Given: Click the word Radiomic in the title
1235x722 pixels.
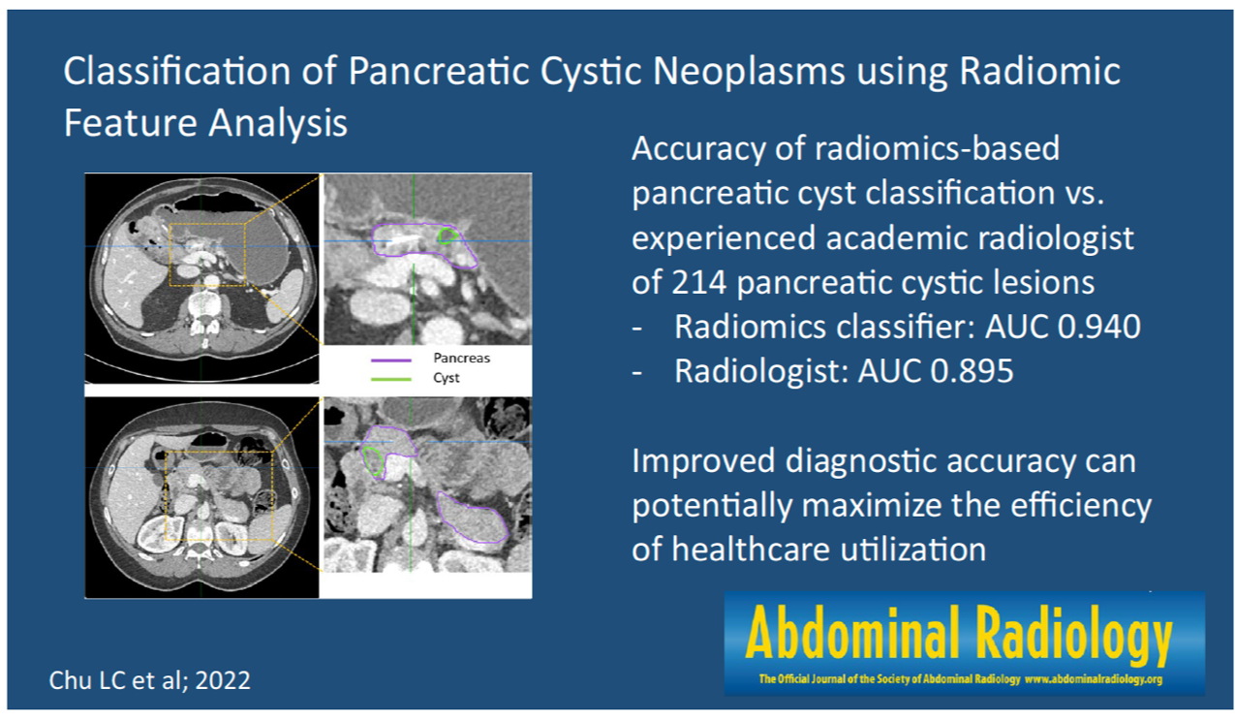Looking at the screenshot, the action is tap(1040, 71).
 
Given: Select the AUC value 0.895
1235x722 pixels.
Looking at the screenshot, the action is tap(972, 370).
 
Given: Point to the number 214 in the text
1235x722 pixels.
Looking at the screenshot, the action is tap(698, 282).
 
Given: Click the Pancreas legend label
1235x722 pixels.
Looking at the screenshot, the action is tap(461, 358).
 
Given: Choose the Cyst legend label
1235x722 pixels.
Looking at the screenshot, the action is tap(446, 378).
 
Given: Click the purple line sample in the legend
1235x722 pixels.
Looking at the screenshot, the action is tap(391, 361).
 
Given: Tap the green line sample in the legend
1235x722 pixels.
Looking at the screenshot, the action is tap(391, 380).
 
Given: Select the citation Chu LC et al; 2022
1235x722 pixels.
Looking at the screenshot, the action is tap(150, 680).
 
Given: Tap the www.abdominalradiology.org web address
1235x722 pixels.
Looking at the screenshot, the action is tap(1094, 679).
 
